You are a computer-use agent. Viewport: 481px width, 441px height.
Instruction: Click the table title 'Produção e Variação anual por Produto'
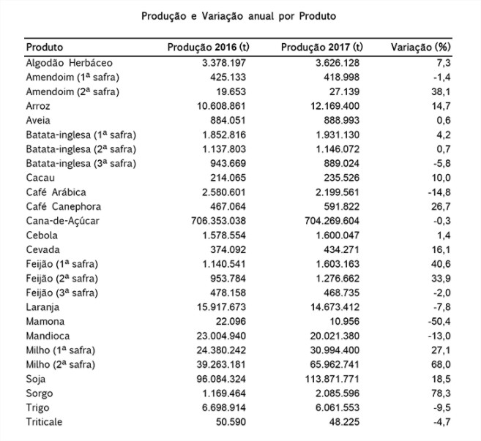240,15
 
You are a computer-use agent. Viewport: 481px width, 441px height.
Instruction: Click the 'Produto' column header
45,47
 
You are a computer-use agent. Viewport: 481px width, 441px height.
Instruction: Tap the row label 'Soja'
36,378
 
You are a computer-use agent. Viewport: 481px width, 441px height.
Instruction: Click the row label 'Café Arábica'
57,192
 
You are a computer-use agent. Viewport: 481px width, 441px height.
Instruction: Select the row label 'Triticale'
45,421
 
